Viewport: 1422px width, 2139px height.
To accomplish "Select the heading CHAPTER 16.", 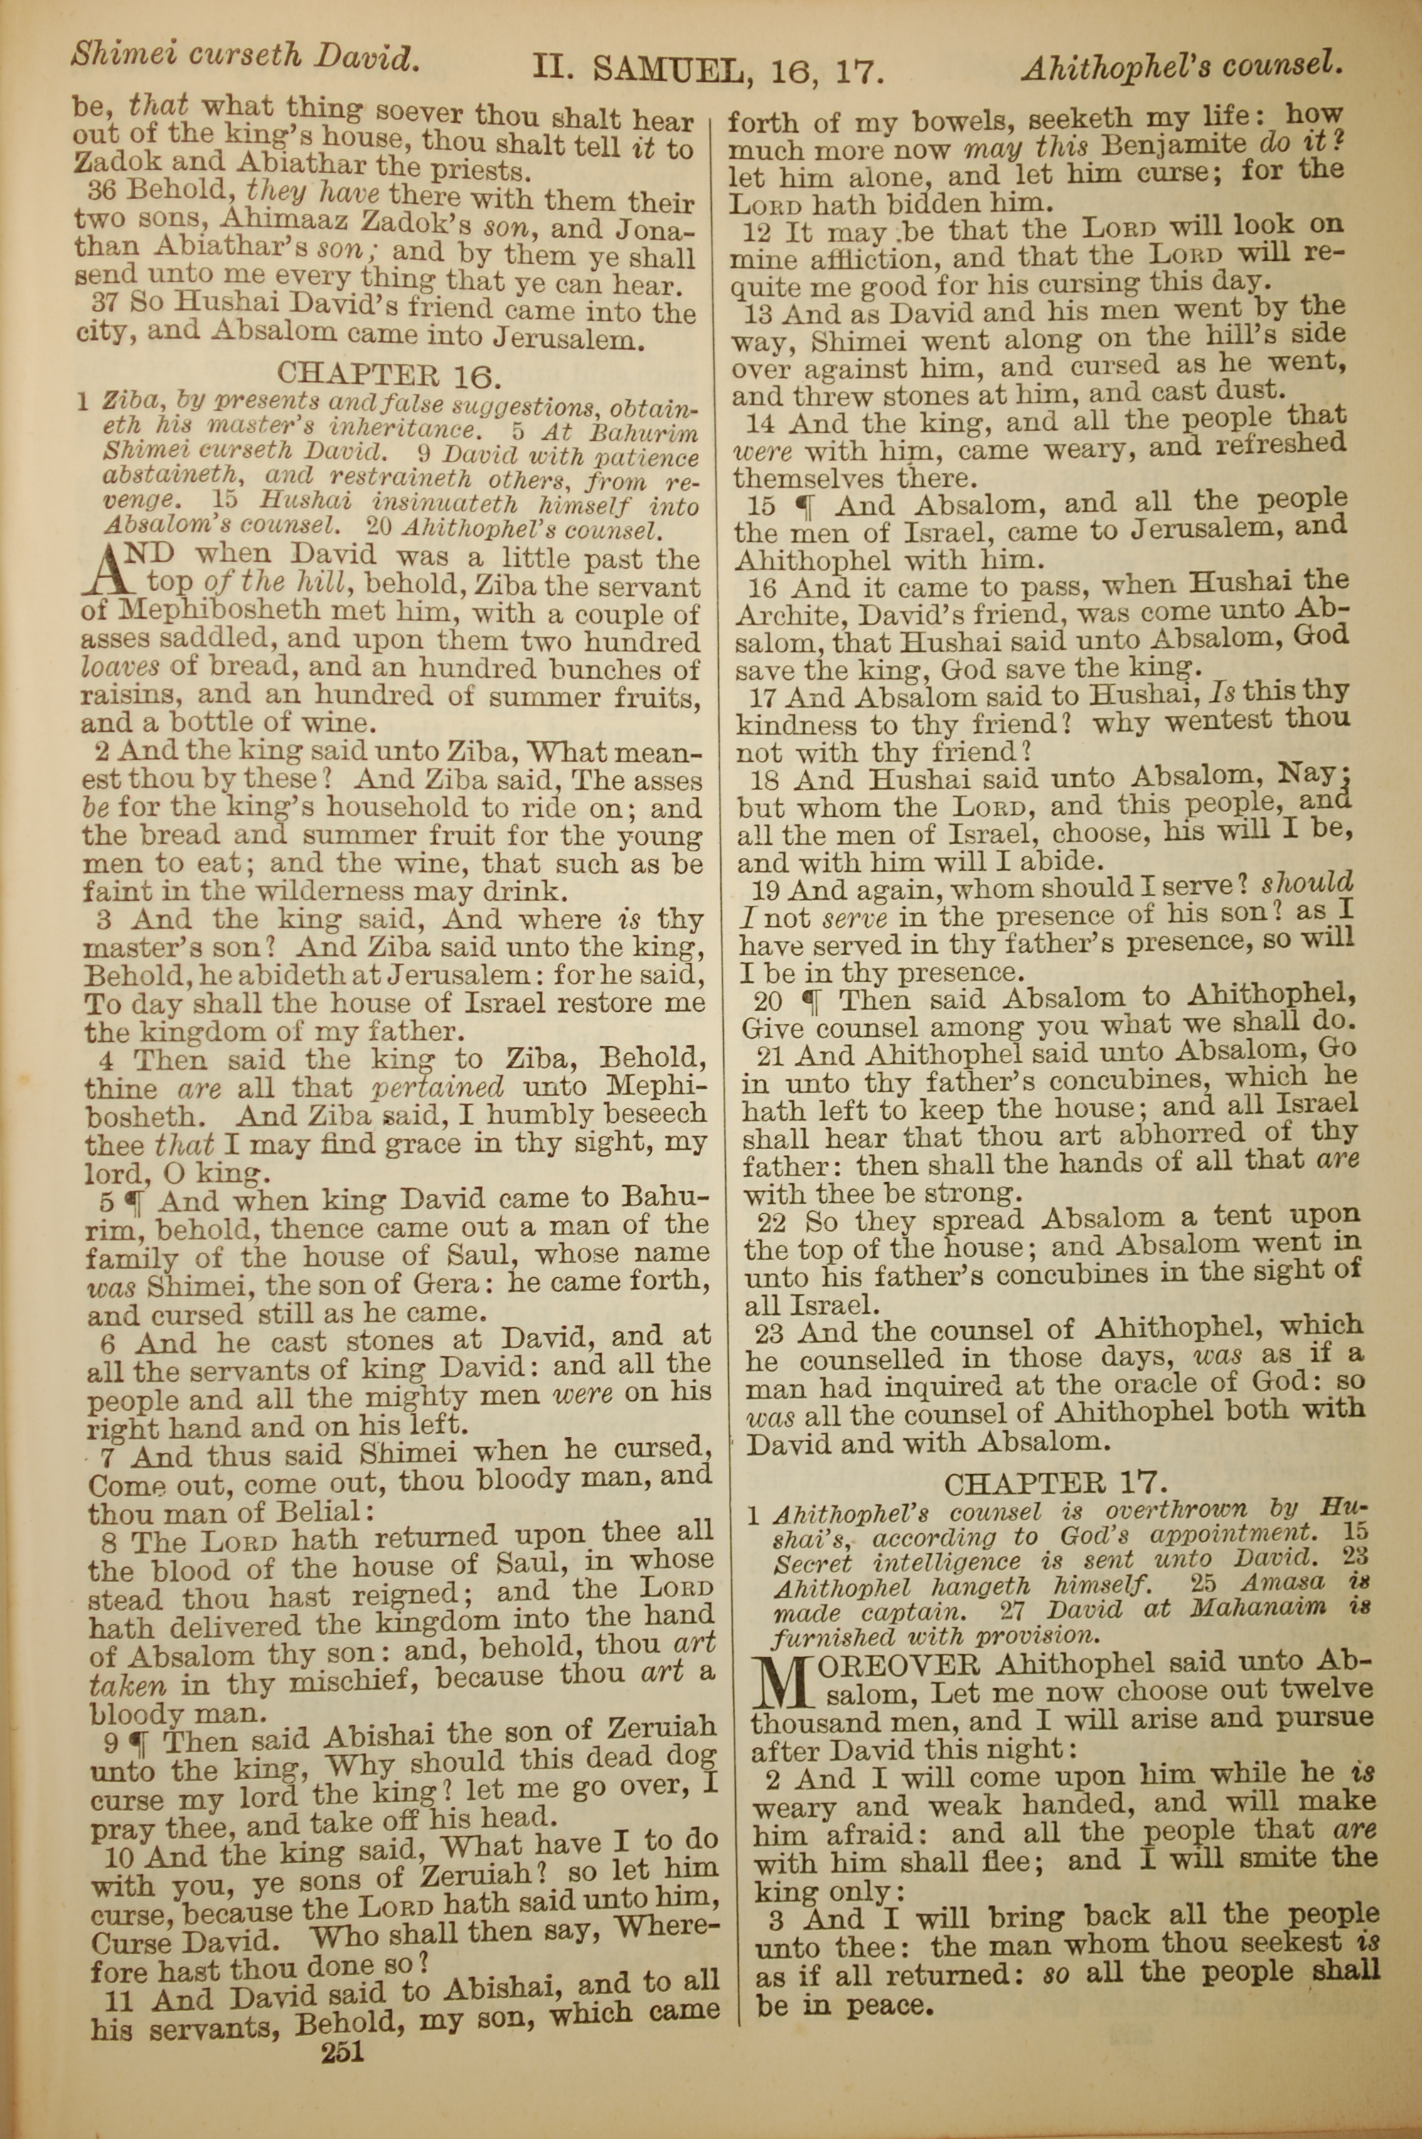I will (x=389, y=373).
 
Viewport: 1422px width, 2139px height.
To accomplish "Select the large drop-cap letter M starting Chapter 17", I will (x=780, y=1685).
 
